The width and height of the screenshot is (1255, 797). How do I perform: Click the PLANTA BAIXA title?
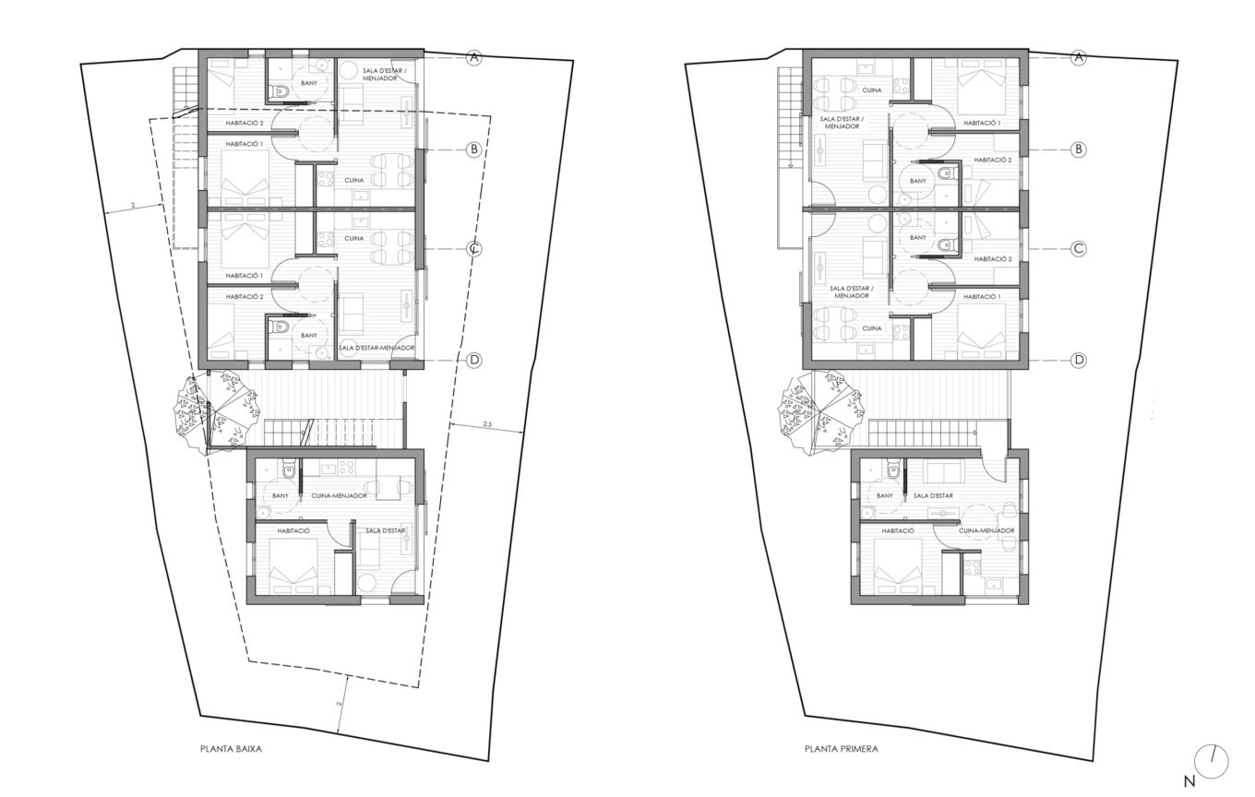[231, 749]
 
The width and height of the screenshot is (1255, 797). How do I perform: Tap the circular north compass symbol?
[1211, 761]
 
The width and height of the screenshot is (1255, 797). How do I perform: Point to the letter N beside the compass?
[1189, 780]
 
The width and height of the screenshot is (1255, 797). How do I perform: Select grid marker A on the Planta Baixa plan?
[474, 57]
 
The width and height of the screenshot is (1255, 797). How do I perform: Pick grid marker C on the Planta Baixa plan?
[474, 249]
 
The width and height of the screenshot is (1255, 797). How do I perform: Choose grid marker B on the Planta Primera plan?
[1079, 149]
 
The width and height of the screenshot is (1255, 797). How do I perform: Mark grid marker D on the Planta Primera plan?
[1079, 360]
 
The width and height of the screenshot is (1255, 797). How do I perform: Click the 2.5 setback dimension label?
[487, 424]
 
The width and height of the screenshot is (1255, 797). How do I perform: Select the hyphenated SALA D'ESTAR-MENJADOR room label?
[376, 348]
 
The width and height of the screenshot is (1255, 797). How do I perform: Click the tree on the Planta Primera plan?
[819, 414]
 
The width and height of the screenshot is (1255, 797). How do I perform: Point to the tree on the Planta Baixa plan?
[216, 414]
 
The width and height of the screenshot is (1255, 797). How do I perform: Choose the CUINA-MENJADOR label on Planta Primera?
[986, 530]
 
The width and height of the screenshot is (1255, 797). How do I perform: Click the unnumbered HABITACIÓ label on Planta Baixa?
[293, 530]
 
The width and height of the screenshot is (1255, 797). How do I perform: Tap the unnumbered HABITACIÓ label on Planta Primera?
[898, 530]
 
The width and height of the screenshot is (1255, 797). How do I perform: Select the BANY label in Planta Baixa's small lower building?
[281, 495]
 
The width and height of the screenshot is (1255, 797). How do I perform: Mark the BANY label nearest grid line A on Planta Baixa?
[309, 83]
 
